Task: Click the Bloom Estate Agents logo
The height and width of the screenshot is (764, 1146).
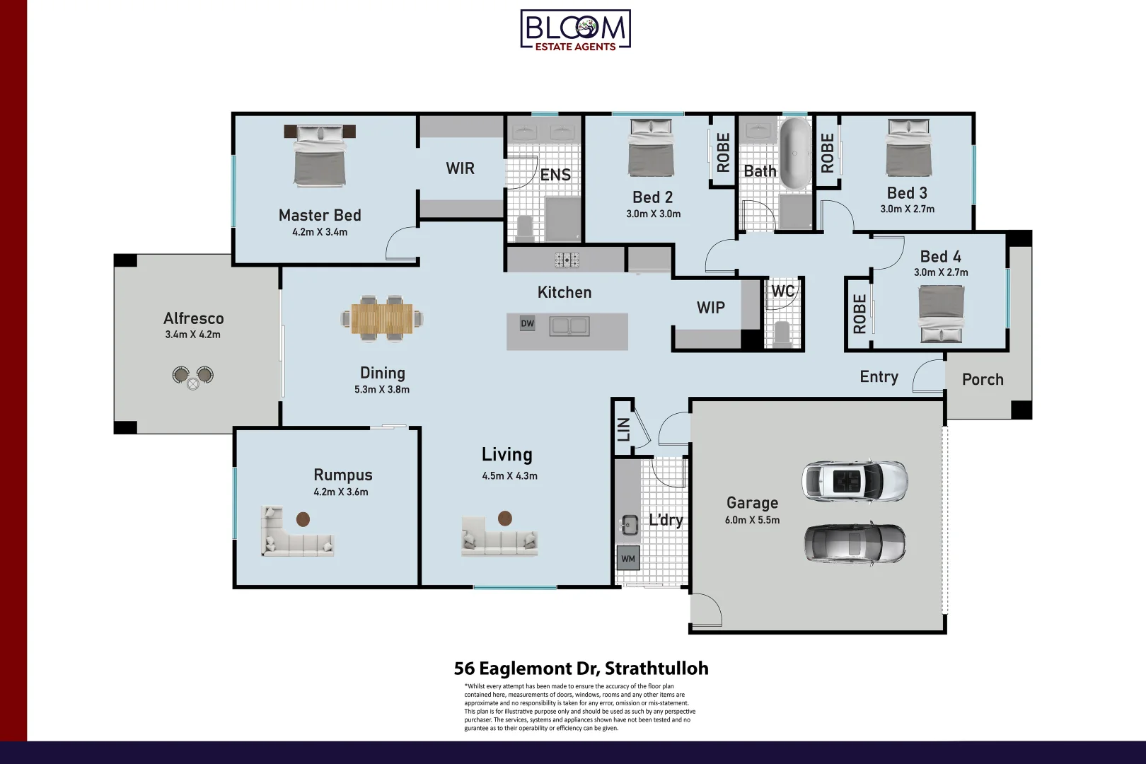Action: click(x=575, y=30)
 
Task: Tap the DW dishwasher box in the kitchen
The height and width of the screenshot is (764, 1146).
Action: click(x=528, y=323)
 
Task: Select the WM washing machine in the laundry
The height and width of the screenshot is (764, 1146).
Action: click(x=628, y=558)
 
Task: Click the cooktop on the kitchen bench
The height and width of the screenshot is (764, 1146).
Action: click(x=567, y=260)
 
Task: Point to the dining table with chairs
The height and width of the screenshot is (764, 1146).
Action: click(x=382, y=318)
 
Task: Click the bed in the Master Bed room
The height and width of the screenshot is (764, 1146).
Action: click(x=320, y=157)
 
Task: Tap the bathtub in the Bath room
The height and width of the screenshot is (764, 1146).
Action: click(x=795, y=153)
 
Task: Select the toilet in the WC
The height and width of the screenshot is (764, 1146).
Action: click(x=782, y=334)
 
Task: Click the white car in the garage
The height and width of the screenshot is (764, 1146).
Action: click(x=855, y=481)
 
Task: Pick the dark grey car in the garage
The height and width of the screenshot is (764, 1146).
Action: click(x=855, y=543)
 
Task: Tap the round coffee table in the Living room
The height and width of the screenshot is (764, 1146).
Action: click(x=505, y=519)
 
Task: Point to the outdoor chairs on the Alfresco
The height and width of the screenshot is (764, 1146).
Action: click(x=192, y=376)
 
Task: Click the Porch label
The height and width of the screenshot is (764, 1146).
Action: click(x=983, y=380)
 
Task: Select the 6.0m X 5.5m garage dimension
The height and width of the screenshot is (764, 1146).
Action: click(x=752, y=520)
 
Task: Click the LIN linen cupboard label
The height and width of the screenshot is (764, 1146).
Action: click(x=623, y=429)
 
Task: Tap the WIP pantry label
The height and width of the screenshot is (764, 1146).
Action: click(x=710, y=308)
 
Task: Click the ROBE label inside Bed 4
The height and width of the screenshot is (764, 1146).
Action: click(x=859, y=314)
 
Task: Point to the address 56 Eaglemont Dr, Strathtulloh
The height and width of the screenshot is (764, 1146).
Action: click(x=581, y=668)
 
